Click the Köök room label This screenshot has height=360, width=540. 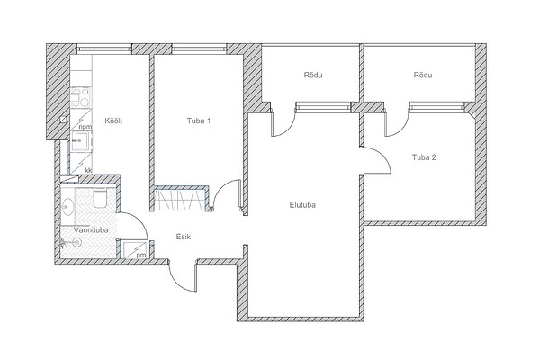pyautogui.click(x=113, y=121)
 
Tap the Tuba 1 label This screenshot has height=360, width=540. pyautogui.click(x=199, y=121)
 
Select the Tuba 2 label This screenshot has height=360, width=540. pyautogui.click(x=424, y=157)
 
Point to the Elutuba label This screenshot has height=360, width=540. pyautogui.click(x=302, y=205)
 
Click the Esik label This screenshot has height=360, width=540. pyautogui.click(x=184, y=237)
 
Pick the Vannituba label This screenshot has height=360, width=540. pyautogui.click(x=91, y=230)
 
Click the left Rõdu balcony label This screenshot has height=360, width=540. pyautogui.click(x=313, y=75)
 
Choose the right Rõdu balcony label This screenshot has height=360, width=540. pyautogui.click(x=423, y=75)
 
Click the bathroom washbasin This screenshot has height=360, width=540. pyautogui.click(x=67, y=207)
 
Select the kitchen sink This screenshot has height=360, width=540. pyautogui.click(x=82, y=140)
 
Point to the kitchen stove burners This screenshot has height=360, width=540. pyautogui.click(x=80, y=97)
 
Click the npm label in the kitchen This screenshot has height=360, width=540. pyautogui.click(x=85, y=127)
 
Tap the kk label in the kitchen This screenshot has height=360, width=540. pyautogui.click(x=89, y=170)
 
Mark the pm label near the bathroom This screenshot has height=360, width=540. pyautogui.click(x=141, y=256)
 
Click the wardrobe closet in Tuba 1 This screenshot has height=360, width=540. pyautogui.click(x=180, y=200)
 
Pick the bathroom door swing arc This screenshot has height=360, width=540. pyautogui.click(x=139, y=220)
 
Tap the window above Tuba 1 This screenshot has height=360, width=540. pyautogui.click(x=199, y=49)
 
